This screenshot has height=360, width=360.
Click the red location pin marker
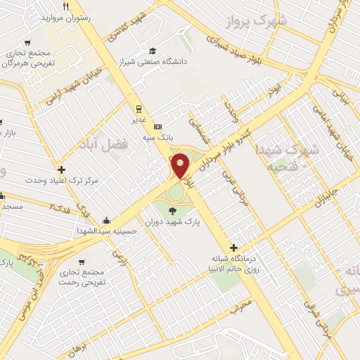point(181,167)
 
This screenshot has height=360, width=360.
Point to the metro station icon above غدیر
point(139,108)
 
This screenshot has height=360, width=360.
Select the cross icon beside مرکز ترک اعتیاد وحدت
point(62,169)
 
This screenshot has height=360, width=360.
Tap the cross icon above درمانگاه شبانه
point(234,247)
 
